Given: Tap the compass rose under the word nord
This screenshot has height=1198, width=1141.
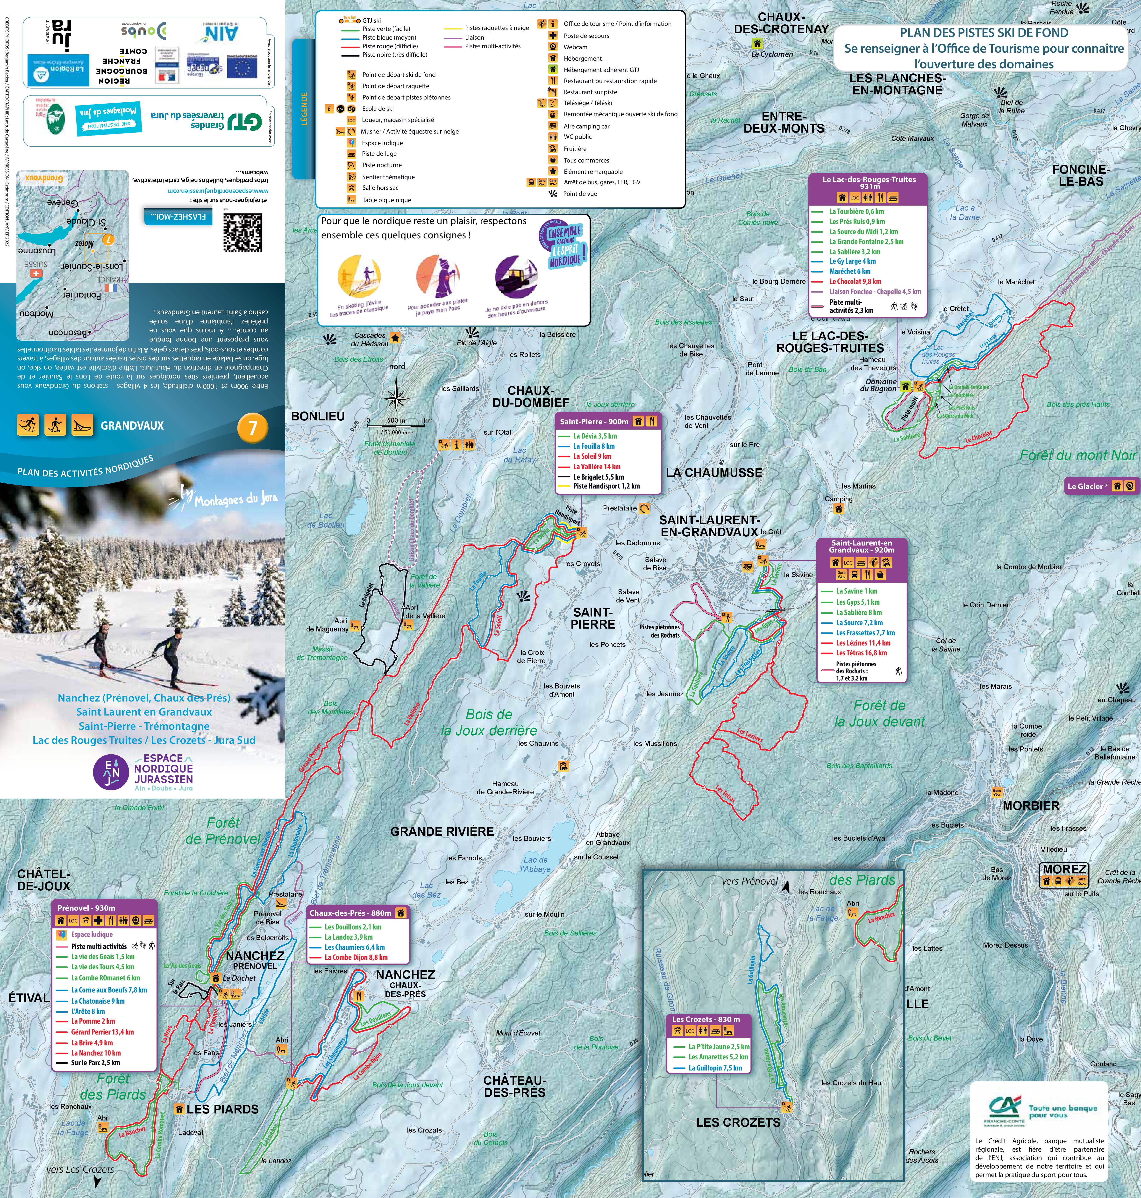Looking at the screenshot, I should click(397, 398).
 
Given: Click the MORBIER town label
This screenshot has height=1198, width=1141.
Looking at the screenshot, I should click(1031, 806).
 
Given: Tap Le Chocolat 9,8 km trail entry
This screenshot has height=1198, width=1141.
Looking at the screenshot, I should click(855, 282).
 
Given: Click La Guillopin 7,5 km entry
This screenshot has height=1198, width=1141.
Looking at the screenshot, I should click(715, 1068).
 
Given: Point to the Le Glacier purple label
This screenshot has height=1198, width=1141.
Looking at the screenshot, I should click(1087, 486).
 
